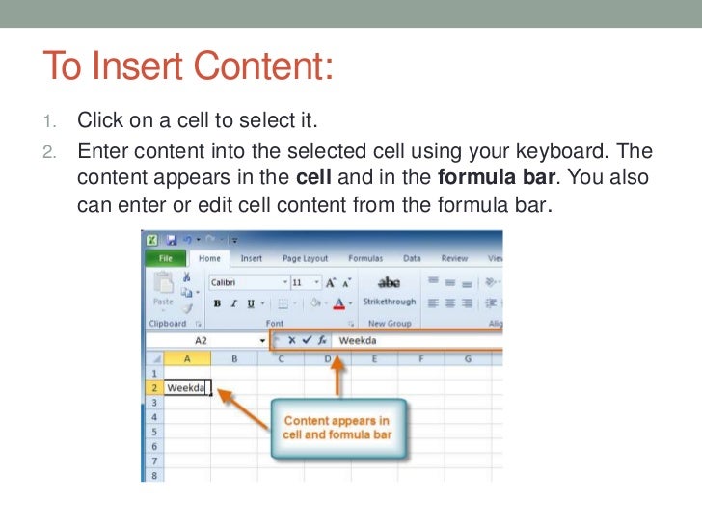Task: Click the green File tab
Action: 165,258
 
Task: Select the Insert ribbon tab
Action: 252,258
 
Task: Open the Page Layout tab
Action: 305,258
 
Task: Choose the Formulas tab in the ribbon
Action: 365,258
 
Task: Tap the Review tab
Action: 454,258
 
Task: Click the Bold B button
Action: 218,302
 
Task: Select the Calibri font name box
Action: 245,283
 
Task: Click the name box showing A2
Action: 202,341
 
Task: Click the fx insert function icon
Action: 321,341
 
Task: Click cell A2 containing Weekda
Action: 187,388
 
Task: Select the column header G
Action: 467,359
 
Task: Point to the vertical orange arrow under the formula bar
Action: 337,377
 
